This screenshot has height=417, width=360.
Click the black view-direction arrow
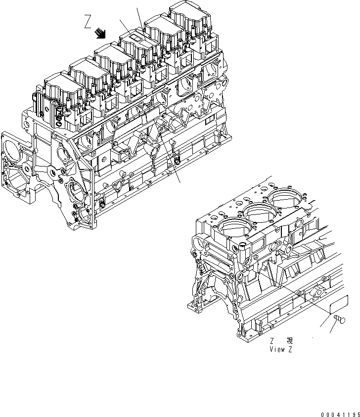[x=101, y=33]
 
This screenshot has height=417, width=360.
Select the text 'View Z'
[x=281, y=348]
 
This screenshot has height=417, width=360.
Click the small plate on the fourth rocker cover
[x=136, y=37]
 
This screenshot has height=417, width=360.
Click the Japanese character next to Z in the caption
[x=289, y=340]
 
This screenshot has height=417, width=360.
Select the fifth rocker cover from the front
[x=163, y=29]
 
